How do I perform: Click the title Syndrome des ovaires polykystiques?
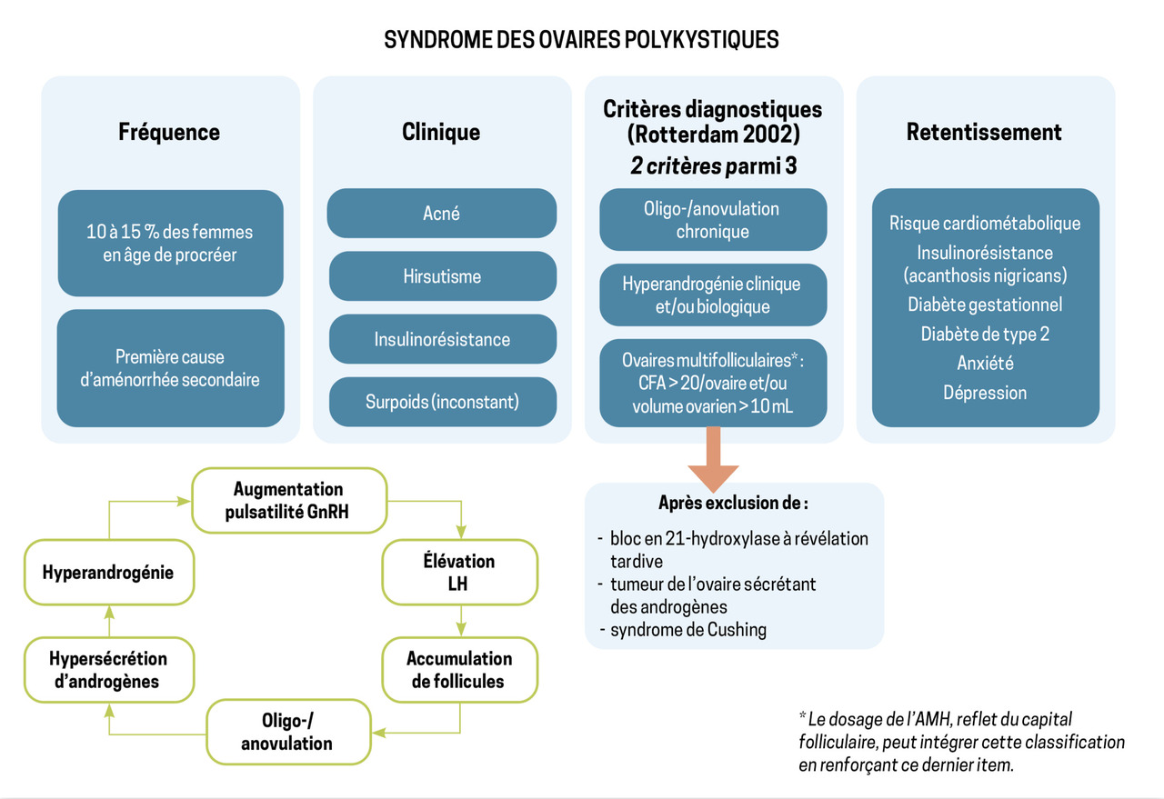tap(581, 40)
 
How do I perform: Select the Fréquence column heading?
tap(169, 132)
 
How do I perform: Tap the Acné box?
tap(442, 214)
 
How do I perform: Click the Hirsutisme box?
tap(442, 276)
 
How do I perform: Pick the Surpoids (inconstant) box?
tap(442, 402)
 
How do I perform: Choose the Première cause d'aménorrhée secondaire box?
tap(170, 368)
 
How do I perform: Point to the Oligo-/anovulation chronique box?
tap(712, 220)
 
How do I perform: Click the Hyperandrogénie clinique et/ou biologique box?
tap(712, 295)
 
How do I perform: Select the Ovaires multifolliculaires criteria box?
tap(712, 384)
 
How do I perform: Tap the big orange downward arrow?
tap(713, 460)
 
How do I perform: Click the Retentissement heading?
tap(984, 132)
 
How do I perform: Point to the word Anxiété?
tap(985, 364)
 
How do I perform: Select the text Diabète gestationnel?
tap(985, 305)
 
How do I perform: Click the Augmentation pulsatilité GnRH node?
tap(288, 500)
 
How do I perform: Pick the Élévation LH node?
tap(459, 573)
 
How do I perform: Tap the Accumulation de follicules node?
tap(459, 669)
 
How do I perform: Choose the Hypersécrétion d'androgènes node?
tap(108, 669)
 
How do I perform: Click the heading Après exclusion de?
tap(733, 503)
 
